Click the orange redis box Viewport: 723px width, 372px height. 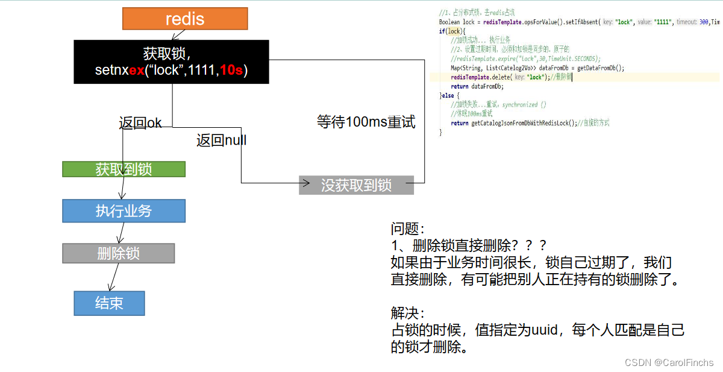[185, 18]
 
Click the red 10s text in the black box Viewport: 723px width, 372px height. [231, 70]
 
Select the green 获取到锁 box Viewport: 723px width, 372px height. [124, 169]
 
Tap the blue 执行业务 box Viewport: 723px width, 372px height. [124, 211]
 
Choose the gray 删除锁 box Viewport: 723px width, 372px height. [118, 253]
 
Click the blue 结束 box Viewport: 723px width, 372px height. [109, 303]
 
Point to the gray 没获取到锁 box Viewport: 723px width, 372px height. [356, 185]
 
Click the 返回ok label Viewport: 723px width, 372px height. [140, 123]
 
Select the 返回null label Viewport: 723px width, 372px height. [221, 140]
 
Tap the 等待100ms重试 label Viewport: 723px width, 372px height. [366, 122]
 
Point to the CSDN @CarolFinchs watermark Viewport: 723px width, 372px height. [669, 362]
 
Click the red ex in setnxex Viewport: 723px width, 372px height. [137, 70]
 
